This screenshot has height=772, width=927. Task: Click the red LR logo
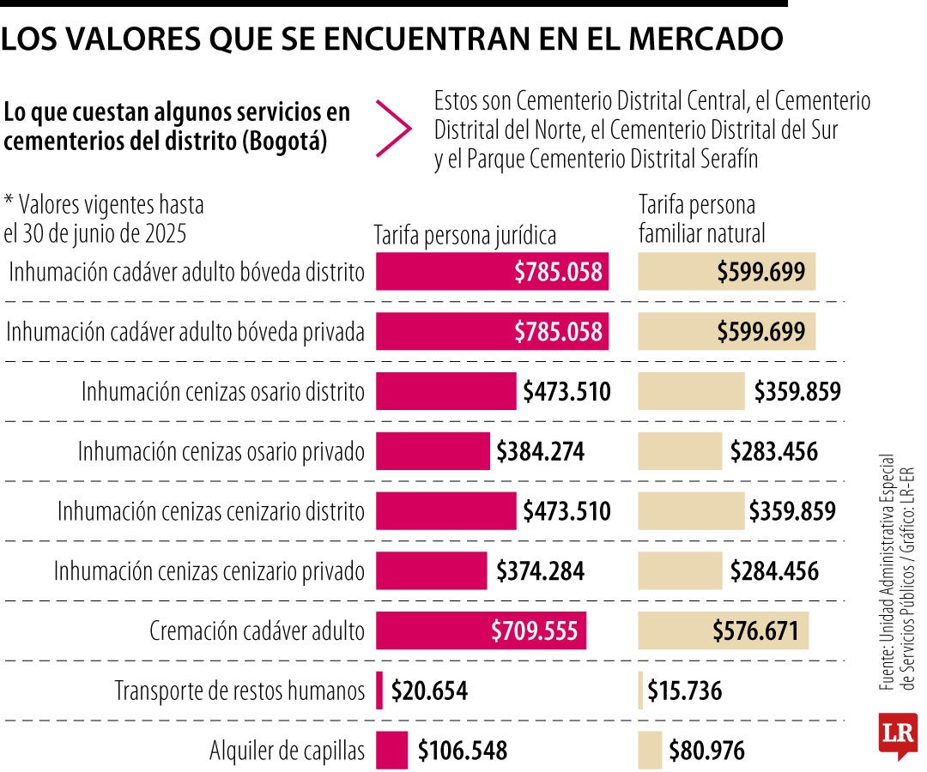(897, 735)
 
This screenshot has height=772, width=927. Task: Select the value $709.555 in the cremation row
(539, 631)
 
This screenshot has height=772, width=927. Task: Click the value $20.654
(429, 691)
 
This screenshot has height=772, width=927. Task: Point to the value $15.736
(684, 691)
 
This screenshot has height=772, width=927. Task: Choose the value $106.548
(463, 751)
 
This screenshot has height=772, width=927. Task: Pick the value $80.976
(706, 751)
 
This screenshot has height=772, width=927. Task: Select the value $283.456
(773, 452)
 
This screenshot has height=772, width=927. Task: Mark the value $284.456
(774, 571)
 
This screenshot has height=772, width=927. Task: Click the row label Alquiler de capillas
(287, 751)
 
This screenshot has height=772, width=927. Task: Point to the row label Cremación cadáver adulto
(257, 632)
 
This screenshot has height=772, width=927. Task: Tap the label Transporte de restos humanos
(239, 691)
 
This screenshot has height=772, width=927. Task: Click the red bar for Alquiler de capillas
(391, 751)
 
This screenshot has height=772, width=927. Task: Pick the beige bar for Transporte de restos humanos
(640, 691)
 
